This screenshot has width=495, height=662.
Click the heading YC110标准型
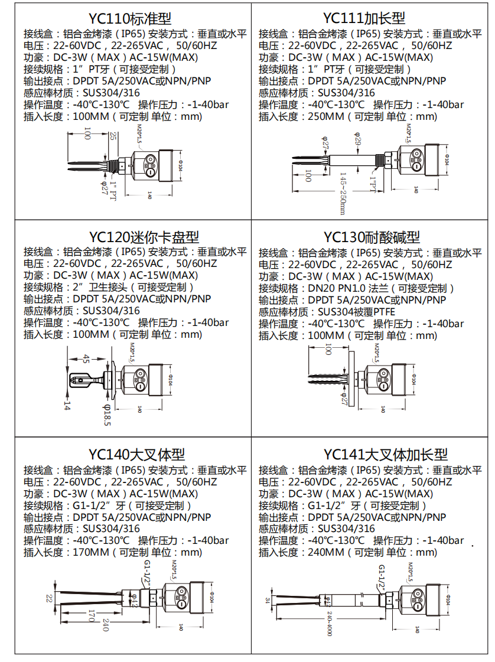coord(133,18)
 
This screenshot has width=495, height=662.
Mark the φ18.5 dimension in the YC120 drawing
coord(107,414)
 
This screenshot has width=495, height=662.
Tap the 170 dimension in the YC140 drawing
coord(90,617)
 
